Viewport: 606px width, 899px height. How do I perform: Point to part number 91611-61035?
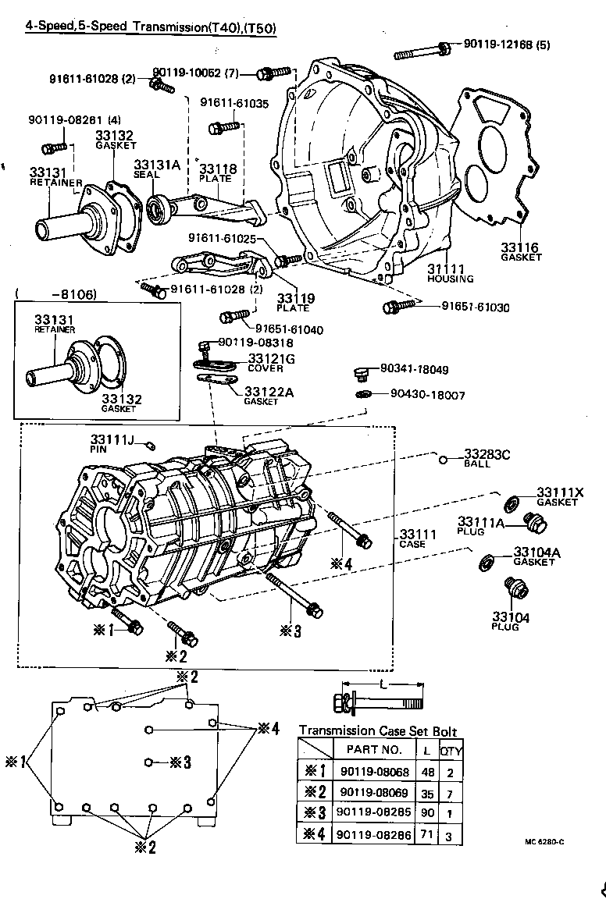233,102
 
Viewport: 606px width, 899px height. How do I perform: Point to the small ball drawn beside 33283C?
443,459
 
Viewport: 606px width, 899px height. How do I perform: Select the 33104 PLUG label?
511,621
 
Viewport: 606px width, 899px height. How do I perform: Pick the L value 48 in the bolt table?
426,773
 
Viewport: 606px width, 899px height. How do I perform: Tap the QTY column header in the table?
451,751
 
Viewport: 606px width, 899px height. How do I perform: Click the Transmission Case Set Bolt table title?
378,731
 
